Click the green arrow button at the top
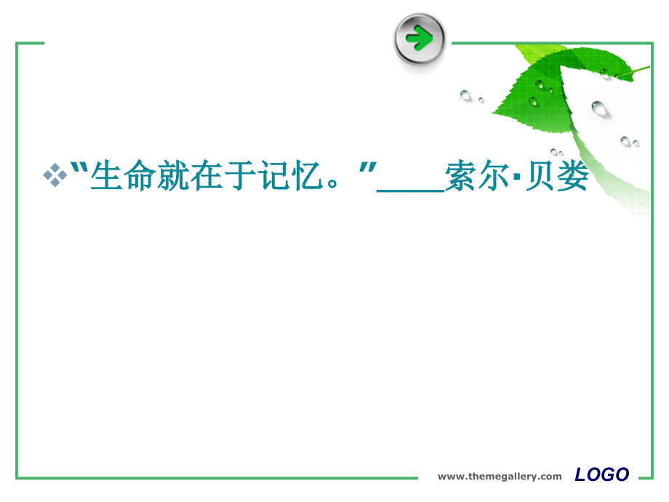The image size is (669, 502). point(420,38)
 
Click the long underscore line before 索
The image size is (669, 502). point(411,190)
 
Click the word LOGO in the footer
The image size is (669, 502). point(601,475)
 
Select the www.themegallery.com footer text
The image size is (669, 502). point(500,477)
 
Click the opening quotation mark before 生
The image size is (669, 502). point(81,168)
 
